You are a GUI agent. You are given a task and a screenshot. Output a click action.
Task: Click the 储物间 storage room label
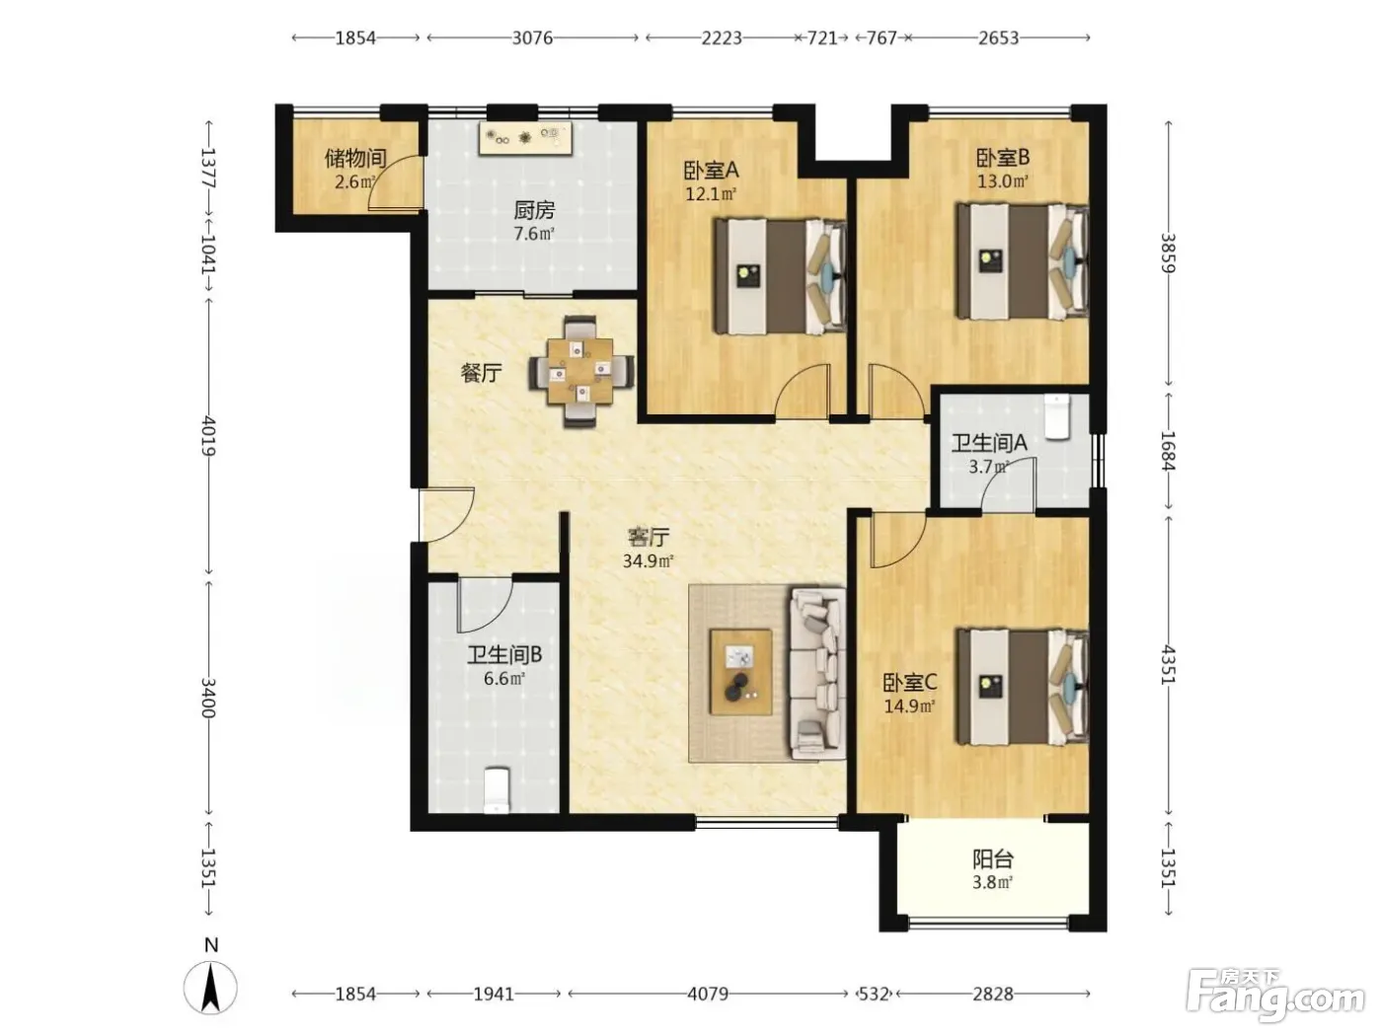tap(354, 158)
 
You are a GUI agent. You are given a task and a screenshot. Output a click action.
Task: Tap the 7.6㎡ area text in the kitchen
tap(534, 234)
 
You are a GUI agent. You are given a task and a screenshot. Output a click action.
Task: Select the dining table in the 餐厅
tap(579, 371)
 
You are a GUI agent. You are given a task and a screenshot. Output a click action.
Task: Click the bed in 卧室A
tap(780, 275)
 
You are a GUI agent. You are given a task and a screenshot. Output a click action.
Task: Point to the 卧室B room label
tap(1002, 157)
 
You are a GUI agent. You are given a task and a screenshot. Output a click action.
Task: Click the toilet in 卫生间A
tap(1057, 415)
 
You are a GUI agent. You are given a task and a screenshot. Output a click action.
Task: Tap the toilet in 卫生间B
tap(497, 789)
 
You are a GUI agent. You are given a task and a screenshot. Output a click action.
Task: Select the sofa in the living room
tap(817, 673)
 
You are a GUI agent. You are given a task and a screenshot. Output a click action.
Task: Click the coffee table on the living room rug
tap(741, 672)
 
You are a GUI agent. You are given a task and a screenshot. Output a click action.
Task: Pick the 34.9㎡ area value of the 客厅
tap(648, 560)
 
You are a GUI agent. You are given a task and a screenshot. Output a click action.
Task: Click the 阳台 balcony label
tap(992, 858)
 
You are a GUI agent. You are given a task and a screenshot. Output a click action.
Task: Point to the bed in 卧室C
tap(1022, 687)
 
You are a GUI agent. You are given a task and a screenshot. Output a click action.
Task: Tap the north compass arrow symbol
tap(210, 987)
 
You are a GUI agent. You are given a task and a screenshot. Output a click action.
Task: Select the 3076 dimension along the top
tap(532, 37)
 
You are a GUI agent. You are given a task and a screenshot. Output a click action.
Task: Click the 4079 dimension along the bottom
tap(708, 994)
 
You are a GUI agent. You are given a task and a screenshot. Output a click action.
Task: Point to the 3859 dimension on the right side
tap(1168, 253)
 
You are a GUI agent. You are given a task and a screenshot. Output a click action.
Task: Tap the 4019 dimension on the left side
tap(208, 436)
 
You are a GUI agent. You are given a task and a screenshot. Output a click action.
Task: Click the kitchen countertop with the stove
tap(525, 138)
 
